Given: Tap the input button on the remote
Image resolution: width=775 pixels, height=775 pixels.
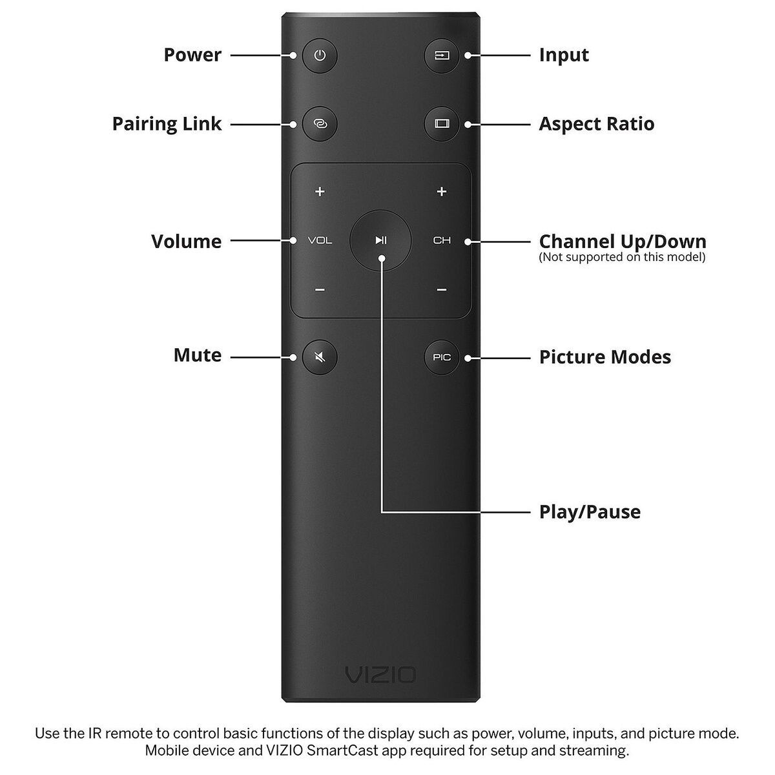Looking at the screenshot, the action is (442, 56).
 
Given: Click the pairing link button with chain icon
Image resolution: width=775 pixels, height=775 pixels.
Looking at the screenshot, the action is (320, 123).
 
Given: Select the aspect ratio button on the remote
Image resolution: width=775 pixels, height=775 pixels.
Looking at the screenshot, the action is (442, 123).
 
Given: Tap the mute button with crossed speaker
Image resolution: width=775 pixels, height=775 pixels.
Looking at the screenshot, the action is (320, 356).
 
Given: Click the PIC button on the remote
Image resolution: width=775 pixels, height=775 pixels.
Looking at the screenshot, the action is (442, 357).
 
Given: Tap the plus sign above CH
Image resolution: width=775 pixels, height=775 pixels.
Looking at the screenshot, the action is (442, 191).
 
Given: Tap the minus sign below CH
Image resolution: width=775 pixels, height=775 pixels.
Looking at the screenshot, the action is (442, 290).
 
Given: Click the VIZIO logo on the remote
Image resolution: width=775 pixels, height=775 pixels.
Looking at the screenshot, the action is (380, 676).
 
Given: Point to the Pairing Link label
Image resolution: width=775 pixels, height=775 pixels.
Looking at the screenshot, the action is (167, 123).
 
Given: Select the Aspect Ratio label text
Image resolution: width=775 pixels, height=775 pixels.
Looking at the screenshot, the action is (596, 123).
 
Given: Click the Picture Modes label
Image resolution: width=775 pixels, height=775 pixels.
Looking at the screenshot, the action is (604, 357).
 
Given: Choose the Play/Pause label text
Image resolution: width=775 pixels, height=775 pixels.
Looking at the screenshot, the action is (590, 512).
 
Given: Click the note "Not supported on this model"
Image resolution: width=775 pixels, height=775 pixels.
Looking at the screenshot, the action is (622, 258).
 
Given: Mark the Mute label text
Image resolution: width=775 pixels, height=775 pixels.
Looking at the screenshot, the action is (197, 355).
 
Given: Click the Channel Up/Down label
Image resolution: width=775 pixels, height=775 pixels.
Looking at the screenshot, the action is (622, 242).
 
